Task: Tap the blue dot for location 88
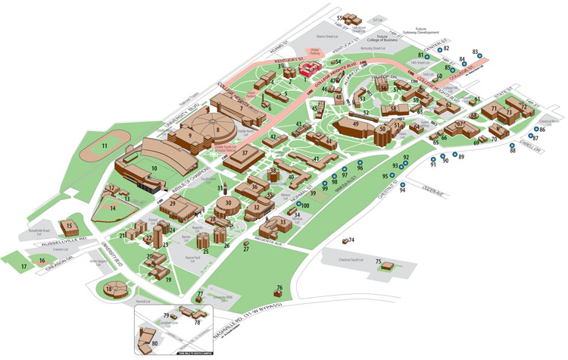(x=513, y=146)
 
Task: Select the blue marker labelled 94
(x=402, y=183)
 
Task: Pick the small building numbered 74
(x=344, y=241)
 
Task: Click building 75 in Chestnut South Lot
(x=388, y=266)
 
